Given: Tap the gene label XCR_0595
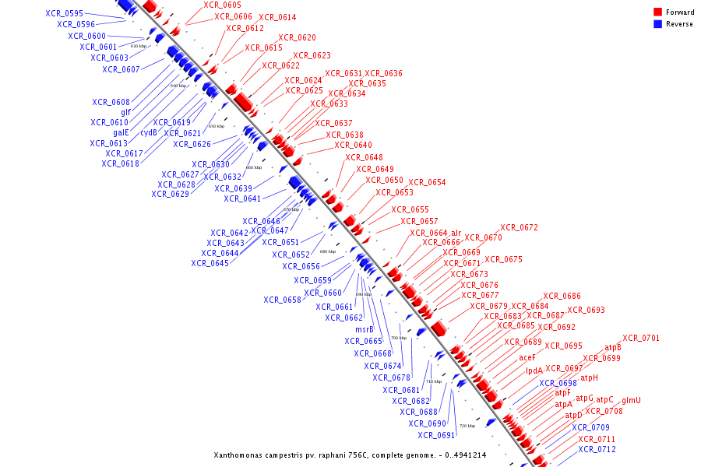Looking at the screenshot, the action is [64, 13].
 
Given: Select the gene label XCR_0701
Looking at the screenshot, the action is [641, 338].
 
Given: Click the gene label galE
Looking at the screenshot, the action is [121, 132].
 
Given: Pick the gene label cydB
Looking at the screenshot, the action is [149, 132].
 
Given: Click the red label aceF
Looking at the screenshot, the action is [527, 358].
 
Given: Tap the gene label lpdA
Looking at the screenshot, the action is [534, 370].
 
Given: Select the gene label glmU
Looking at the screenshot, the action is [631, 400].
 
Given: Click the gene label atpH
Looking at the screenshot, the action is [590, 377].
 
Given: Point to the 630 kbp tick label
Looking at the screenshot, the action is [138, 46].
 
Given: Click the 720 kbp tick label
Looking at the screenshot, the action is [467, 426].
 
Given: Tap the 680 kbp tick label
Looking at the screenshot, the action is [328, 251].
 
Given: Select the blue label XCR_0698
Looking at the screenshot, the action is [558, 383].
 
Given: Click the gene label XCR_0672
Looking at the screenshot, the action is [519, 227].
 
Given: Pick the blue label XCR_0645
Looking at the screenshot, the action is [210, 263].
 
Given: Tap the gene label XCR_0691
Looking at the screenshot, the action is [436, 435].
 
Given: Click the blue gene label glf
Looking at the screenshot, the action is [125, 112].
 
